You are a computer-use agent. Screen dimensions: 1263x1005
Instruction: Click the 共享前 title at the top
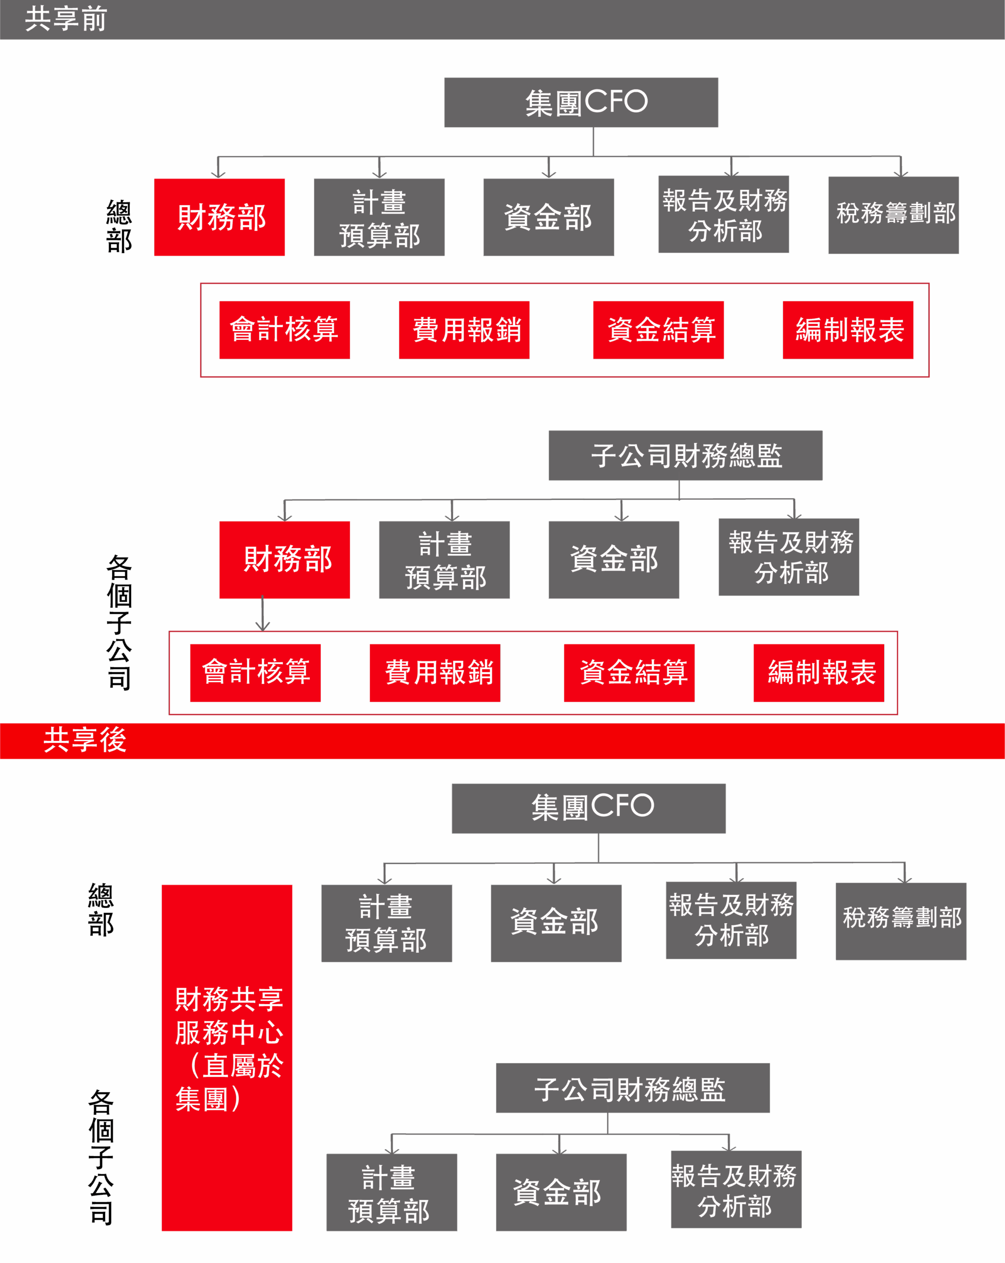[x=66, y=19]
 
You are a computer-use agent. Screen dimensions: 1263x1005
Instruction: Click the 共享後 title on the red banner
[x=85, y=740]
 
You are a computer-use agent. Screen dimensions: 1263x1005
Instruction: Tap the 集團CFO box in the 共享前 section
[x=581, y=103]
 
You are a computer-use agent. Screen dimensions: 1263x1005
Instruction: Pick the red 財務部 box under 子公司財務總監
[x=285, y=559]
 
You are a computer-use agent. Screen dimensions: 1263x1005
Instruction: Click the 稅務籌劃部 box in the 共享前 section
[x=893, y=215]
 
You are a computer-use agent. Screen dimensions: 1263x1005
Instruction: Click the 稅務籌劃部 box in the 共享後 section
[x=901, y=921]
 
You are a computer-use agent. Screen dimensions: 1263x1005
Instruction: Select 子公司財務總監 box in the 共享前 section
[x=685, y=456]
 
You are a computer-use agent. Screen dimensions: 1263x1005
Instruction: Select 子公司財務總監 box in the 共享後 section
[x=633, y=1088]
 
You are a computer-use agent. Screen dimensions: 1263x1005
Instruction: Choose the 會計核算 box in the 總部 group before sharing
[x=285, y=330]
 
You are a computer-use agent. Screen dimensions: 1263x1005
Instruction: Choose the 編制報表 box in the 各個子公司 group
[x=819, y=672]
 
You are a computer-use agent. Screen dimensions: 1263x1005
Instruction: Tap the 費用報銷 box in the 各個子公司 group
[x=435, y=672]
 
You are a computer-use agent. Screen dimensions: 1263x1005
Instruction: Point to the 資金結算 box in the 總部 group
[x=659, y=330]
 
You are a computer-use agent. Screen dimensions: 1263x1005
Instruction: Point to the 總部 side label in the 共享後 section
[x=101, y=910]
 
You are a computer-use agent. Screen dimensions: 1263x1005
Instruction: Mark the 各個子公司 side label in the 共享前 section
[x=119, y=622]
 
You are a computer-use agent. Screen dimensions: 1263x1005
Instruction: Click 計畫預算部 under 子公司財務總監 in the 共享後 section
[x=392, y=1193]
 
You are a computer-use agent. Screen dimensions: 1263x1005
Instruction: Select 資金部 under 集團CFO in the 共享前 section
[x=549, y=218]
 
